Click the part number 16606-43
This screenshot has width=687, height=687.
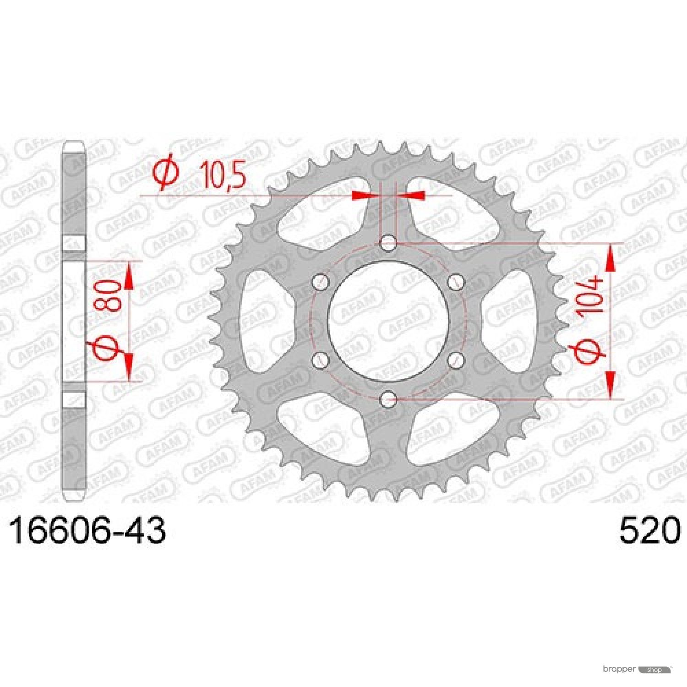click(x=87, y=531)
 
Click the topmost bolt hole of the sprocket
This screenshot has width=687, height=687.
click(x=388, y=243)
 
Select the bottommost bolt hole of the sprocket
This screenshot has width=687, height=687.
click(x=388, y=398)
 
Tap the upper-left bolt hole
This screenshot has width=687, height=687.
click(x=321, y=282)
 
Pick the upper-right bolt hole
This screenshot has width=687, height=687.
click(x=456, y=282)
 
